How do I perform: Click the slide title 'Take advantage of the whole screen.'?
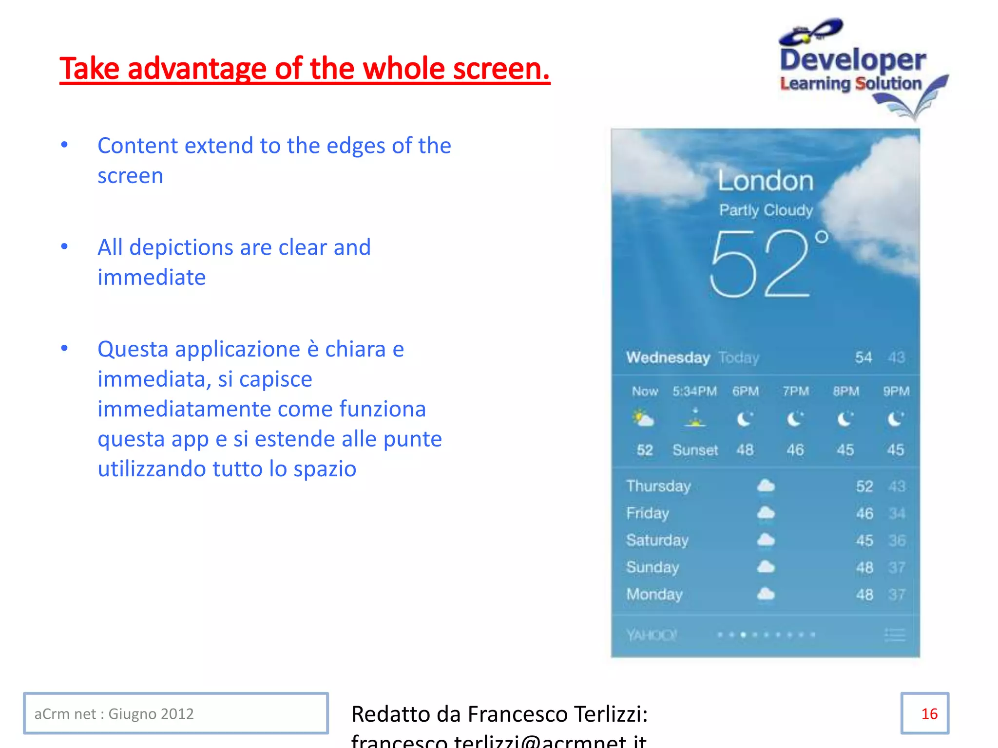click(305, 69)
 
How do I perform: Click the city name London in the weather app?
click(766, 181)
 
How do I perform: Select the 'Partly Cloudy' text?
click(766, 210)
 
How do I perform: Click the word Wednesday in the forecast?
click(668, 358)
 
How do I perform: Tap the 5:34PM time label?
click(694, 392)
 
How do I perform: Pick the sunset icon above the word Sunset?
click(695, 418)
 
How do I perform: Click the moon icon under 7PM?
click(795, 419)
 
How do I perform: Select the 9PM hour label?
click(896, 392)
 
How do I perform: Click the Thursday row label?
click(658, 486)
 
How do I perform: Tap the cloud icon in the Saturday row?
click(766, 540)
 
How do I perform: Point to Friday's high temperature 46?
click(864, 513)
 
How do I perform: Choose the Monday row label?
click(654, 594)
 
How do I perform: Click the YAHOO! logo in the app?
click(651, 635)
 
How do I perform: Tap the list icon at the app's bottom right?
click(895, 635)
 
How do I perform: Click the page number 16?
click(929, 714)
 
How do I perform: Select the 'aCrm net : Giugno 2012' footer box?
click(176, 713)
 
